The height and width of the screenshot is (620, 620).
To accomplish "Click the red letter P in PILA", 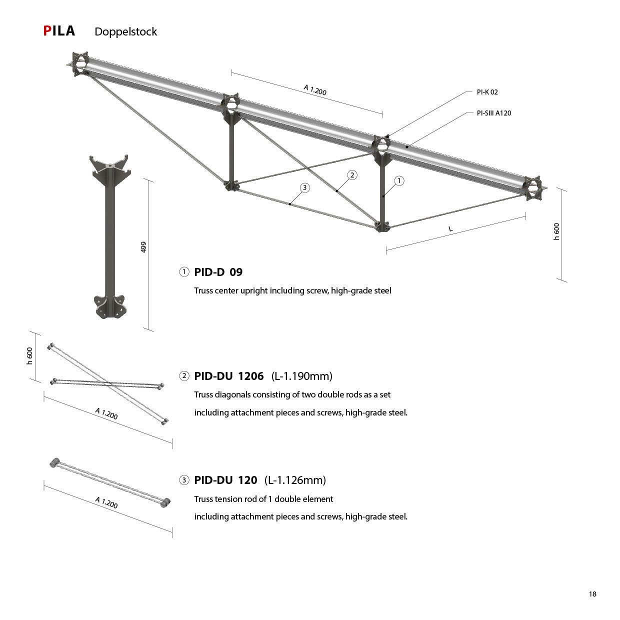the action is pyautogui.click(x=47, y=31).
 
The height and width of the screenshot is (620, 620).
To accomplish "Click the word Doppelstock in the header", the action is pyautogui.click(x=126, y=32).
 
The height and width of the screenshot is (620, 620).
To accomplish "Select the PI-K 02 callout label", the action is pyautogui.click(x=487, y=92).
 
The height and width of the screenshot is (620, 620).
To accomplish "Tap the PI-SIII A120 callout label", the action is pyautogui.click(x=494, y=113).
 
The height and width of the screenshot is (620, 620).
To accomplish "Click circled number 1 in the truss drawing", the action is pyautogui.click(x=399, y=181).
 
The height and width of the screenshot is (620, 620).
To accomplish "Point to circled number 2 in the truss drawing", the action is pyautogui.click(x=352, y=175).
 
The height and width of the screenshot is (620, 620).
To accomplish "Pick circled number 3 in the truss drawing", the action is pyautogui.click(x=304, y=187).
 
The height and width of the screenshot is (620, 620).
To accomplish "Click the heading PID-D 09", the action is pyautogui.click(x=218, y=272).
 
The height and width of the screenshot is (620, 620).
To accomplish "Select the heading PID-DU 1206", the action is pyautogui.click(x=229, y=376).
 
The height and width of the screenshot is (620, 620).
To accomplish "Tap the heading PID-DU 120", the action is pyautogui.click(x=225, y=480).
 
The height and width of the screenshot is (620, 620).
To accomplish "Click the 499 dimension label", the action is pyautogui.click(x=143, y=247).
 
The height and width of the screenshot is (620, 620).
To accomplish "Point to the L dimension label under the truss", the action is pyautogui.click(x=450, y=229).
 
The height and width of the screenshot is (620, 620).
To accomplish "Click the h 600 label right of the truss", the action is pyautogui.click(x=556, y=231).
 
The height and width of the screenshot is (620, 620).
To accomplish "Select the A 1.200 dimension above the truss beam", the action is pyautogui.click(x=315, y=90).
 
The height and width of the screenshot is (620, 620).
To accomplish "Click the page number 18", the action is pyautogui.click(x=592, y=594).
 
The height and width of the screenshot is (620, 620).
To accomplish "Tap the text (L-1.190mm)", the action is pyautogui.click(x=302, y=376).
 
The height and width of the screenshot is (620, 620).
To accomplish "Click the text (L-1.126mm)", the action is pyautogui.click(x=295, y=480).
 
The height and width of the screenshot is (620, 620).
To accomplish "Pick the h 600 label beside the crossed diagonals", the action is pyautogui.click(x=29, y=356).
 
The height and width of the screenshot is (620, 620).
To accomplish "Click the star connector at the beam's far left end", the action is pyautogui.click(x=79, y=63).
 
